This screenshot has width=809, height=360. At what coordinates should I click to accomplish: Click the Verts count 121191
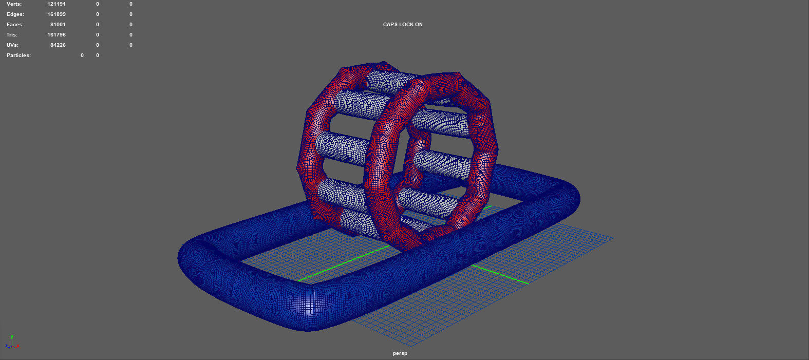click(x=56, y=4)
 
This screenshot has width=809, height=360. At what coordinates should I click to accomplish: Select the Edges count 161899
click(x=56, y=14)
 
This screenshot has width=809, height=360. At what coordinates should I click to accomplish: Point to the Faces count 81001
click(x=58, y=25)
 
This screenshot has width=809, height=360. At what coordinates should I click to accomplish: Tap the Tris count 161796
click(x=56, y=35)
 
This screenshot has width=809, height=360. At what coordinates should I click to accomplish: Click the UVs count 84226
click(x=58, y=45)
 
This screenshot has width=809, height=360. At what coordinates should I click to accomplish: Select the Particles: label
click(x=18, y=55)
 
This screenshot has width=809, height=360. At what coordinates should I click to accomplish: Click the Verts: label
click(x=14, y=4)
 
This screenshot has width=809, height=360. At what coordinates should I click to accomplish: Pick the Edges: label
click(x=15, y=14)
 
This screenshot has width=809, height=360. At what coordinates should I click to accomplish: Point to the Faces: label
click(x=15, y=25)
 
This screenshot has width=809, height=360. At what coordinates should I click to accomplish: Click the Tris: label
click(x=12, y=35)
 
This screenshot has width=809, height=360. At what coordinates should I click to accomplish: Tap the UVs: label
click(x=12, y=45)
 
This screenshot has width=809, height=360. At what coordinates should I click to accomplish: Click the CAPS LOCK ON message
click(x=403, y=25)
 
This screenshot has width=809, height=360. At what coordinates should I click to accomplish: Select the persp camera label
click(x=400, y=353)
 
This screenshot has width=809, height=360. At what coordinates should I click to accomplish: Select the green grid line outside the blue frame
click(x=501, y=274)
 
